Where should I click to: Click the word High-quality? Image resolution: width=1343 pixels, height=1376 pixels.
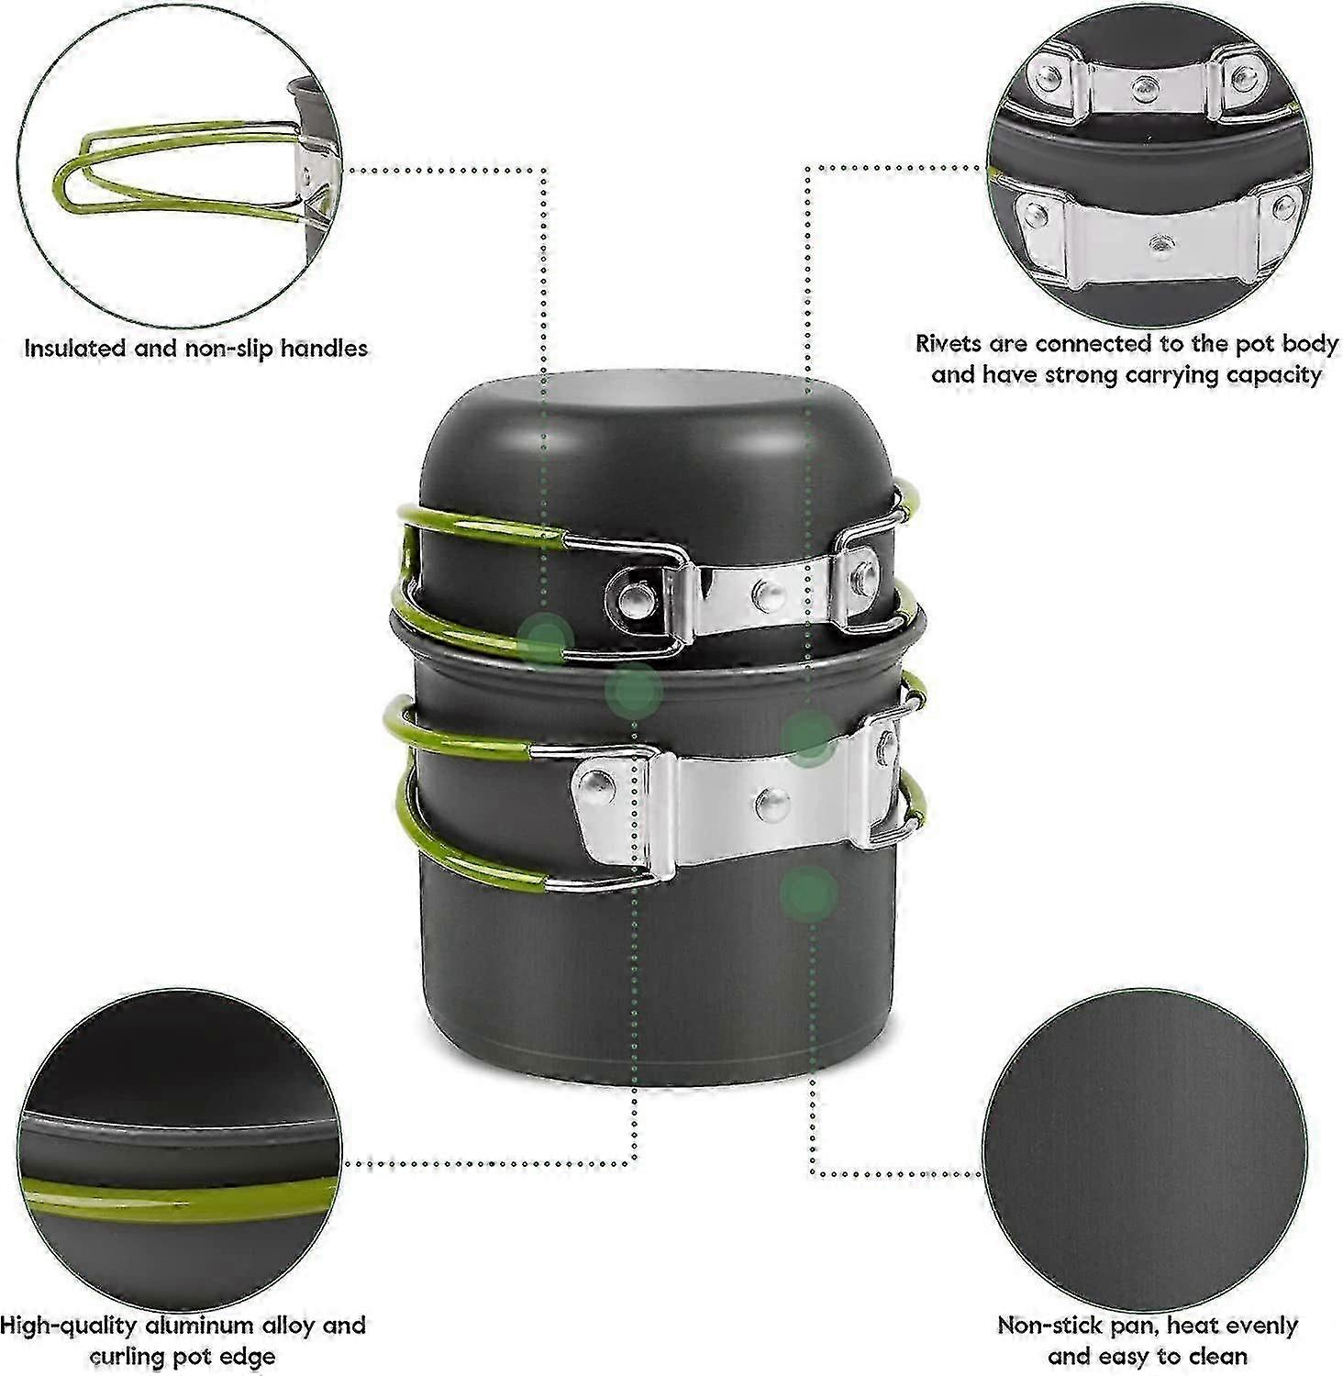point(68,1326)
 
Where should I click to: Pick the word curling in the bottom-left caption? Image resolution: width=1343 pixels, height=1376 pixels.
point(129,1357)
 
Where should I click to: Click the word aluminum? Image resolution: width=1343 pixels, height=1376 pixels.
point(203,1326)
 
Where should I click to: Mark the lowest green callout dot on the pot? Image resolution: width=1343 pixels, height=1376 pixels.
point(809,893)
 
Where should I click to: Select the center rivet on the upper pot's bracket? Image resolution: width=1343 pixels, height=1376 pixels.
point(769,595)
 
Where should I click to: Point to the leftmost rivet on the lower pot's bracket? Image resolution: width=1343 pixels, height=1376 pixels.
point(598,784)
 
